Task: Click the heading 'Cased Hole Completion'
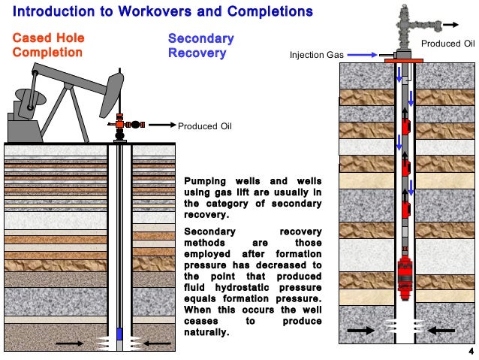[48, 45]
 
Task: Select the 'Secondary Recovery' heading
[200, 45]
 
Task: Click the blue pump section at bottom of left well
[119, 332]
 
